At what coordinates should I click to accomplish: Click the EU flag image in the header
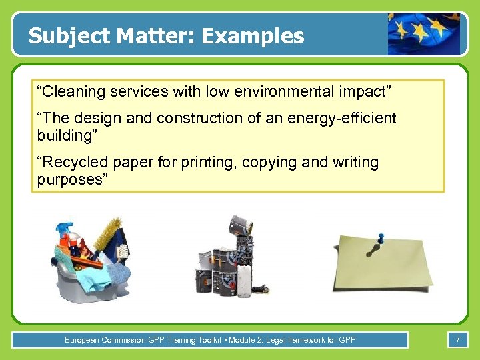(424, 34)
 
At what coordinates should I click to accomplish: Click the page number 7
(457, 340)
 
